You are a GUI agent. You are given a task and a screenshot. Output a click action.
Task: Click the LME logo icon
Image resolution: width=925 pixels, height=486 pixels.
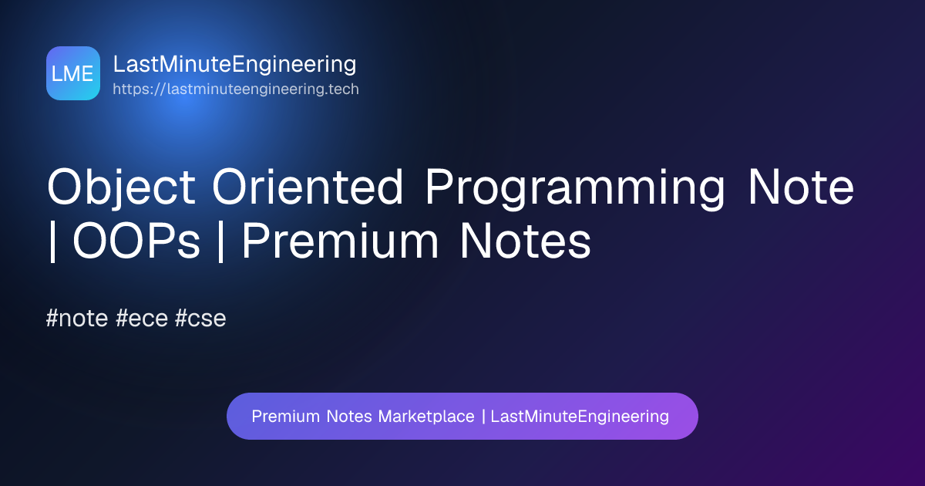pyautogui.click(x=73, y=73)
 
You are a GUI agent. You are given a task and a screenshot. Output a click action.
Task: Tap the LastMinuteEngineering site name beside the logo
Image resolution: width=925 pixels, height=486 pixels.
pyautogui.click(x=234, y=65)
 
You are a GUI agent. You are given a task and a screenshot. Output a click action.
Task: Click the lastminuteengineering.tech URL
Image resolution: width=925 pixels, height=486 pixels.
pyautogui.click(x=236, y=89)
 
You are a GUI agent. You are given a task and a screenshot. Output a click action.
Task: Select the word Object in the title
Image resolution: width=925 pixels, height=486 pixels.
pyautogui.click(x=121, y=187)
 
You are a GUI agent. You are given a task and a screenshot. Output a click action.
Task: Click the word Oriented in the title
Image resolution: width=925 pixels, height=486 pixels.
pyautogui.click(x=308, y=187)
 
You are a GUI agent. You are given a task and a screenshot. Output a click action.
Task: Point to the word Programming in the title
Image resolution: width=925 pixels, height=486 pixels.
pyautogui.click(x=575, y=188)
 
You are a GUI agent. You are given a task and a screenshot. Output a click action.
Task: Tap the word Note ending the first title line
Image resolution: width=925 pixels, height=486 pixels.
pyautogui.click(x=801, y=187)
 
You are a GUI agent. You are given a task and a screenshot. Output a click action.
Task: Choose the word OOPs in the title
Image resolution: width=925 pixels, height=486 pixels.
pyautogui.click(x=136, y=241)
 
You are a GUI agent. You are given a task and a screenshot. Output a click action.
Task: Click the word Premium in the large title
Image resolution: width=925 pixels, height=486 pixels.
pyautogui.click(x=340, y=240)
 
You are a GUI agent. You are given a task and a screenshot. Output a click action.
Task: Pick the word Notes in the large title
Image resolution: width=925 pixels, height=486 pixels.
pyautogui.click(x=526, y=241)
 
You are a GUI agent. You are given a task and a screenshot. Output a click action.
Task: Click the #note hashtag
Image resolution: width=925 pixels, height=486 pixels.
pyautogui.click(x=77, y=318)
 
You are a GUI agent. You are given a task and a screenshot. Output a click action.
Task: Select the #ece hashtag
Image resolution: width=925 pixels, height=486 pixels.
pyautogui.click(x=142, y=318)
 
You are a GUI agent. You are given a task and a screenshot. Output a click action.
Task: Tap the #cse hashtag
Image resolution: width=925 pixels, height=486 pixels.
pyautogui.click(x=200, y=318)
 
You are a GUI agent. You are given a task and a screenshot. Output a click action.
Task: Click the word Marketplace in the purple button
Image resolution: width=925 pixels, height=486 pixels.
pyautogui.click(x=426, y=417)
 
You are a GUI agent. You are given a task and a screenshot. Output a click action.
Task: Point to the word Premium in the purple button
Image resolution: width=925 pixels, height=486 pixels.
pyautogui.click(x=286, y=416)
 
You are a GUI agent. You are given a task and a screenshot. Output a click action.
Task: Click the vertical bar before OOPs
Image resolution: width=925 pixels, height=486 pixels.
pyautogui.click(x=52, y=241)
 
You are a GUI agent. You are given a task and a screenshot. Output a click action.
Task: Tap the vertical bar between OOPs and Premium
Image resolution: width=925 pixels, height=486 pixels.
pyautogui.click(x=221, y=241)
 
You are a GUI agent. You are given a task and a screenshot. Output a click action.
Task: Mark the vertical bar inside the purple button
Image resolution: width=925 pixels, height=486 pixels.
pyautogui.click(x=483, y=417)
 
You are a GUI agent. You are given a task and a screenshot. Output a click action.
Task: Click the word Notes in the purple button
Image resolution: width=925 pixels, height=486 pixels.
pyautogui.click(x=349, y=416)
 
